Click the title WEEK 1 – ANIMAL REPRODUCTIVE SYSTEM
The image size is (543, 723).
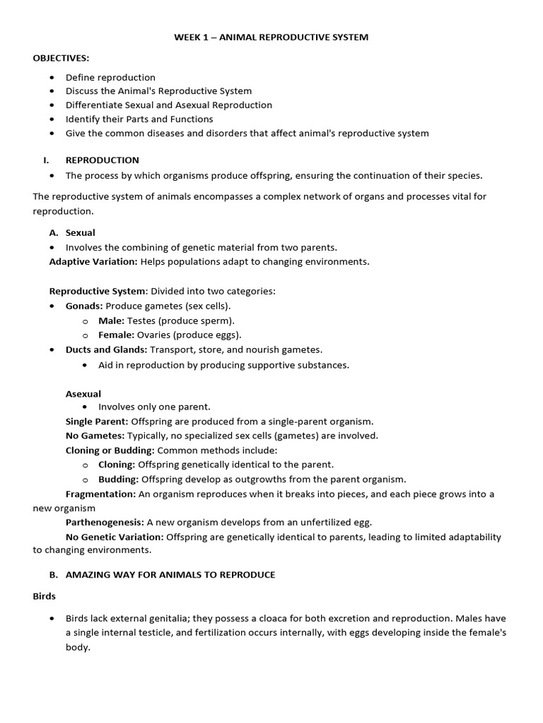(271, 37)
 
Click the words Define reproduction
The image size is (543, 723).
(110, 77)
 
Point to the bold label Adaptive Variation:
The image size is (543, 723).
(93, 261)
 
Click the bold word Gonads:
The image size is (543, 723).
(84, 306)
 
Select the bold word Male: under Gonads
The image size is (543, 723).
(111, 321)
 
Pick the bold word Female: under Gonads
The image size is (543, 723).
(117, 335)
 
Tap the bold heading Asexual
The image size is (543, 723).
(83, 393)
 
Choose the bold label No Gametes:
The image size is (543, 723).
(95, 436)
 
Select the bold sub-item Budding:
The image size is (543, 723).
(118, 479)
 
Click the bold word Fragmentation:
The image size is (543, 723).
(100, 494)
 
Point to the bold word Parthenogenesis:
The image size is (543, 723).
(105, 522)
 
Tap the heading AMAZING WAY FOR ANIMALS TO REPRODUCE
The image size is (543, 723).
(170, 575)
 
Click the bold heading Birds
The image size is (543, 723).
(45, 596)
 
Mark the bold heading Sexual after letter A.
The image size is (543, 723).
(80, 232)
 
